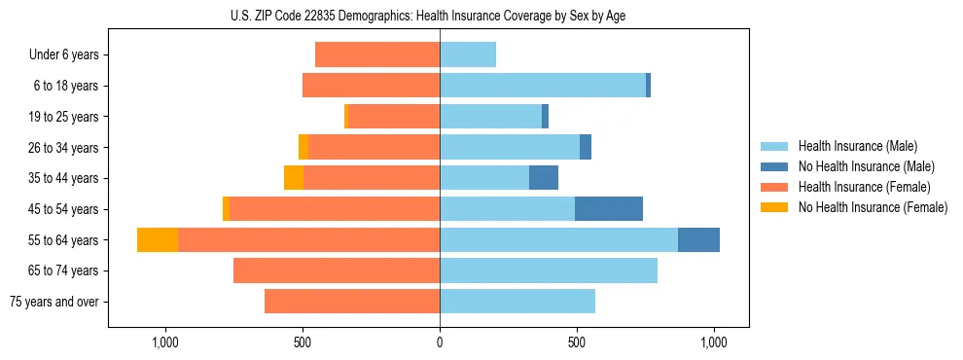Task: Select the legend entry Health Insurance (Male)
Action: pyautogui.click(x=857, y=147)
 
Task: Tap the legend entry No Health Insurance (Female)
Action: pyautogui.click(x=872, y=207)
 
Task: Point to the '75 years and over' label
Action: pyautogui.click(x=53, y=302)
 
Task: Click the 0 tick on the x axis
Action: pyautogui.click(x=440, y=342)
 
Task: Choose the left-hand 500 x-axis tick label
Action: pyautogui.click(x=303, y=342)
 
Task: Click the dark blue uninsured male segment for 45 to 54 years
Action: pyautogui.click(x=608, y=209)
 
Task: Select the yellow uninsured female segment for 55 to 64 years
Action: pyautogui.click(x=158, y=240)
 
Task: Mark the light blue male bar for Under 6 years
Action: pyautogui.click(x=468, y=55)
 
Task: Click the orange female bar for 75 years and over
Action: pyautogui.click(x=352, y=302)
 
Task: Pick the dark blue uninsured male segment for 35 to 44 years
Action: pyautogui.click(x=544, y=178)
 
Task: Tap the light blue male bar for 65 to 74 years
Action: pyautogui.click(x=549, y=270)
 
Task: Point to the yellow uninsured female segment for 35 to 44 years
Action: pyautogui.click(x=294, y=178)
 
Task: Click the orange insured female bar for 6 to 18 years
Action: pyautogui.click(x=371, y=86)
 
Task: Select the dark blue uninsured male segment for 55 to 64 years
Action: pyautogui.click(x=698, y=240)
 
